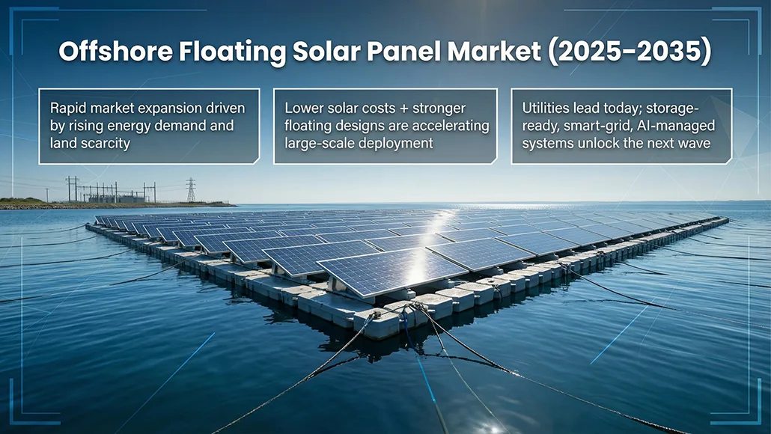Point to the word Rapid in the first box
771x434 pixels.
pyautogui.click(x=66, y=109)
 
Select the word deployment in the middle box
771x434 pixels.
pyautogui.click(x=394, y=143)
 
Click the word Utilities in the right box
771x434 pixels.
pyautogui.click(x=546, y=109)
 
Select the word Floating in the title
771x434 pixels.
pyautogui.click(x=225, y=52)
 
